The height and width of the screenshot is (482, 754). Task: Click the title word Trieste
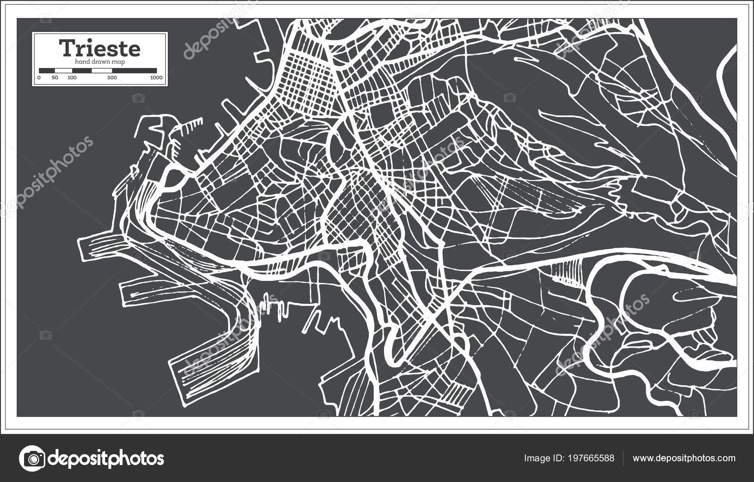99,49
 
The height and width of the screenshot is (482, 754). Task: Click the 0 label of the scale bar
39,77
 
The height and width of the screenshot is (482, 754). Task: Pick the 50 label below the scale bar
55,77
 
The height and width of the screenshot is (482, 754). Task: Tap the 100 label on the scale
72,77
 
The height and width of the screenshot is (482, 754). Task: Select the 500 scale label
112,77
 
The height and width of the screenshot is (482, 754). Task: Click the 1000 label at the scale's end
156,77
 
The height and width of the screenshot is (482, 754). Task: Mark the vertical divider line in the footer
623,458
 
